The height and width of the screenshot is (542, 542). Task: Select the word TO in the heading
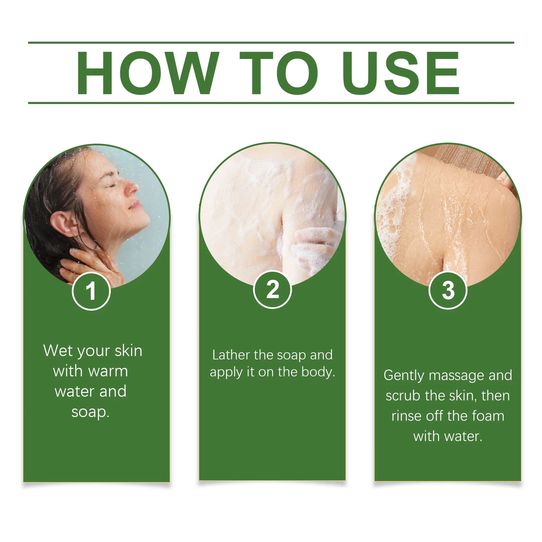point(278,73)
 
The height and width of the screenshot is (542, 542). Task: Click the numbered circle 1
point(91,291)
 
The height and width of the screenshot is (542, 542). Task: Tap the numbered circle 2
point(272,290)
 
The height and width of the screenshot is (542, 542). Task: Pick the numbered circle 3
point(448,290)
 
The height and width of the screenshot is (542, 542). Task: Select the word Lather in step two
point(232,355)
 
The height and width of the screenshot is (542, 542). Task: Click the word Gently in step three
point(404,376)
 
